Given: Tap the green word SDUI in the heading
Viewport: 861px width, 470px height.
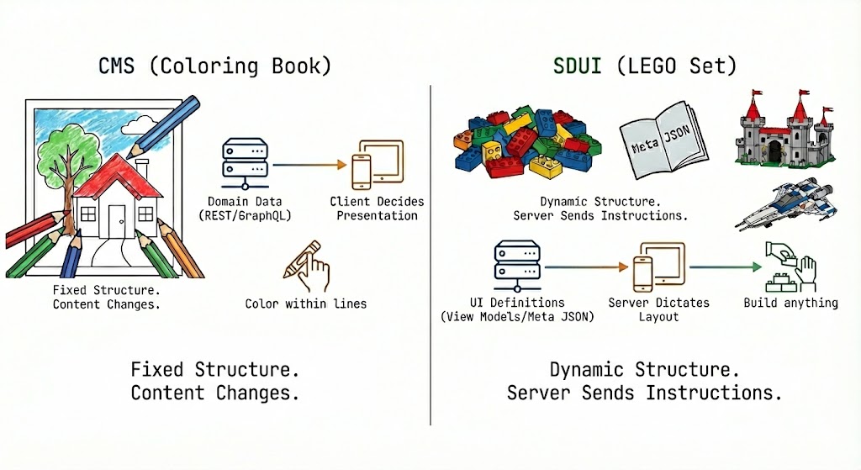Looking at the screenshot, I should pyautogui.click(x=577, y=65).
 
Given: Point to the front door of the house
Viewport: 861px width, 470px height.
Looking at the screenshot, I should pyautogui.click(x=114, y=219).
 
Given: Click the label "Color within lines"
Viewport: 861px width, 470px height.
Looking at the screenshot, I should pyautogui.click(x=306, y=304).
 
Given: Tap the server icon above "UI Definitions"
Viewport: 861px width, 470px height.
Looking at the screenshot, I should pyautogui.click(x=515, y=265).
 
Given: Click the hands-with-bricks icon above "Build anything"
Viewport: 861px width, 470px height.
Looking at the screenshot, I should pyautogui.click(x=790, y=266).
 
